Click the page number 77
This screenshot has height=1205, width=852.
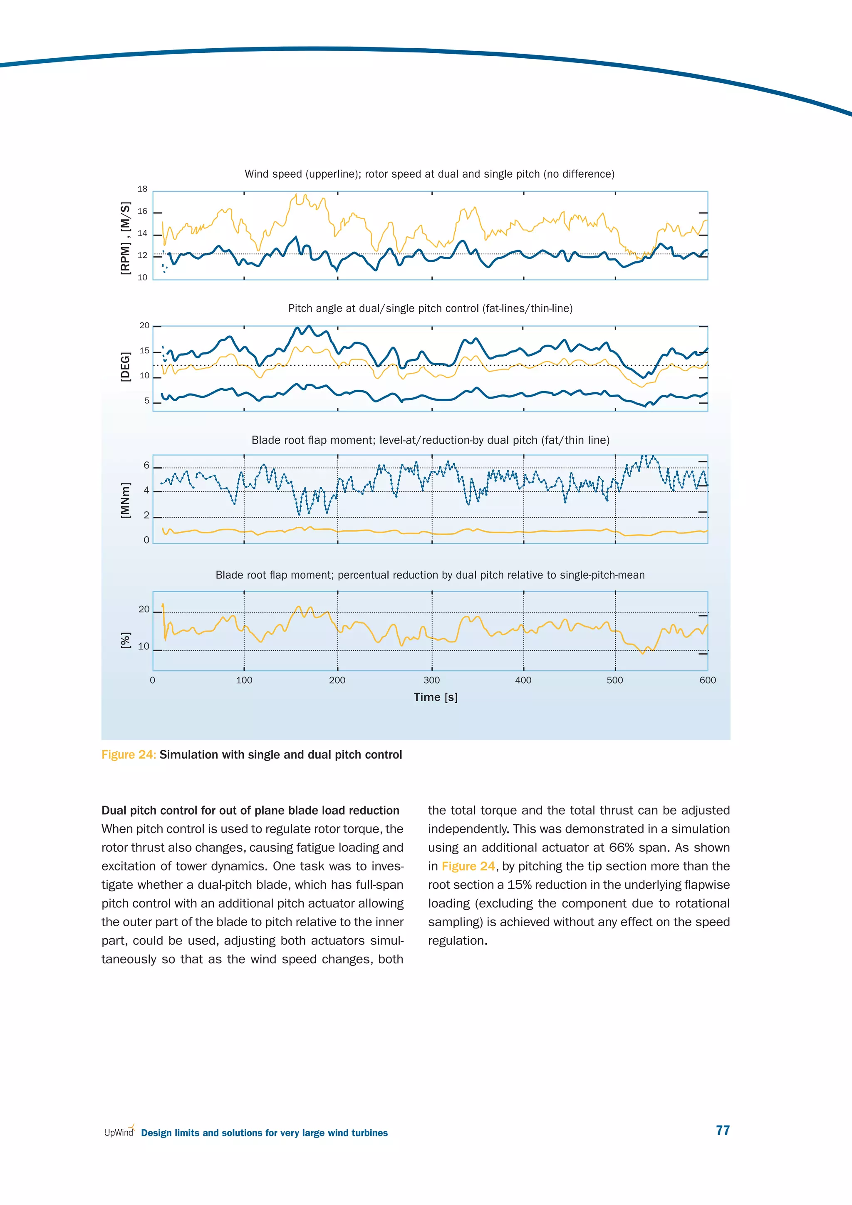723,1130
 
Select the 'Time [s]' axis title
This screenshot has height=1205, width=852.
436,697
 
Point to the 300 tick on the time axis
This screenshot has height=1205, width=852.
432,680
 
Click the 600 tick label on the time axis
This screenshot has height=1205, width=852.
707,680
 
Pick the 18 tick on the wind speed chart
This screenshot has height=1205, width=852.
142,189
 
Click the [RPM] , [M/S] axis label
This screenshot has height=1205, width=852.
125,238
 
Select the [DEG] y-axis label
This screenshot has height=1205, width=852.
125,367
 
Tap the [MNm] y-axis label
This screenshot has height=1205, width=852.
125,500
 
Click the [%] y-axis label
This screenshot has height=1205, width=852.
125,640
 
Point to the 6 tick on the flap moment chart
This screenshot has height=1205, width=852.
146,466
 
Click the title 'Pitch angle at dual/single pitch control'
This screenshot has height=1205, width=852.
430,309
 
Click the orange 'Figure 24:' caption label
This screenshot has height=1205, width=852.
129,755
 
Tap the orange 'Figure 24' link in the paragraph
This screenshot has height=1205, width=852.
468,866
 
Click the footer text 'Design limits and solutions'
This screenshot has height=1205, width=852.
265,1133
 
